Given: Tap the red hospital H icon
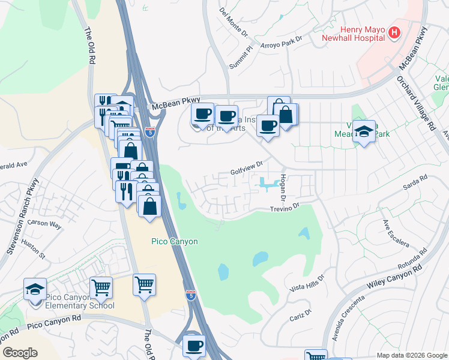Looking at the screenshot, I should click(x=394, y=32).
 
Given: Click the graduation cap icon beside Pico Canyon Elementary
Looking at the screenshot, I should click(x=35, y=289).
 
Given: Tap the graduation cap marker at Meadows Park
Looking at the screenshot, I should click(x=364, y=131).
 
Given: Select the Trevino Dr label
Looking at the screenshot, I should click(x=284, y=208).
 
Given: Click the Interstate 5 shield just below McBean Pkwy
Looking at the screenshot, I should click(x=149, y=131).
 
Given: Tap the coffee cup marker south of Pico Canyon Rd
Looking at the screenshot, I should click(x=194, y=346).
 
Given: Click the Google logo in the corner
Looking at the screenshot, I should click(x=20, y=353).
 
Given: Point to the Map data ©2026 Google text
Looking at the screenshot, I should click(x=412, y=355).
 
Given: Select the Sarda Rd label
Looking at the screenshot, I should click(x=415, y=183).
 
